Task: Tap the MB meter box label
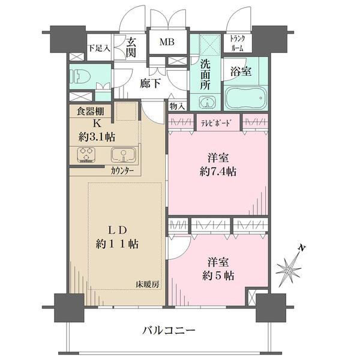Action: click(166, 42)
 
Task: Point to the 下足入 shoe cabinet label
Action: click(99, 47)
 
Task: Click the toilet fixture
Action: click(80, 76)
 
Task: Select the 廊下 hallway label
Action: click(150, 84)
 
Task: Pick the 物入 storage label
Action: click(177, 106)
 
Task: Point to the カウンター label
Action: click(122, 170)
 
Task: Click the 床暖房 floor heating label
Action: click(148, 284)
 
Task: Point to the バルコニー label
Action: click(169, 330)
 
